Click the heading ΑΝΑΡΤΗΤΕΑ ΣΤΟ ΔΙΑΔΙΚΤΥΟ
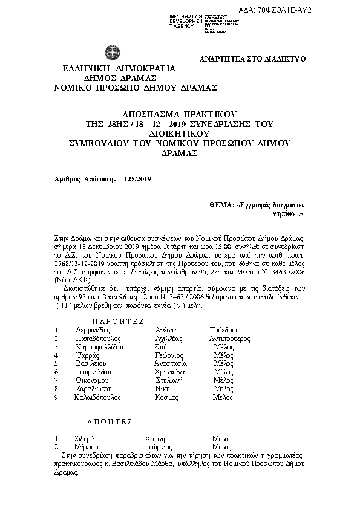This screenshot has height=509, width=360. pos(253,59)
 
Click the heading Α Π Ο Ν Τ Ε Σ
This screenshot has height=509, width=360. pos(106,421)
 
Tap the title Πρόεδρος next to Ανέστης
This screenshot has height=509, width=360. pos(224,331)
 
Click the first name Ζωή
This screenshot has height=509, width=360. pos(161,348)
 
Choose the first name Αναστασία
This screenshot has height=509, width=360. pos(171,364)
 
